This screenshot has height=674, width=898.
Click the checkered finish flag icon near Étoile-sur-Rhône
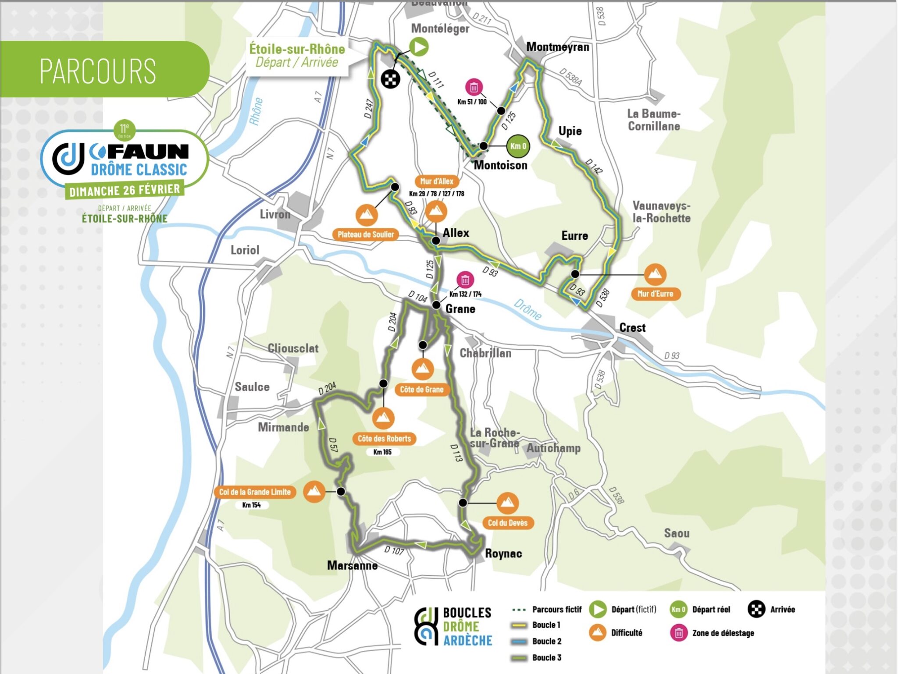(390, 79)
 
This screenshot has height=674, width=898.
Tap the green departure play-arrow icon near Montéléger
(419, 46)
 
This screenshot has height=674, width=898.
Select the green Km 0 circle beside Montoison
(518, 146)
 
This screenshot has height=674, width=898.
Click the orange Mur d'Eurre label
(655, 294)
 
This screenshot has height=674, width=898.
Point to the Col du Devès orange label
(507, 523)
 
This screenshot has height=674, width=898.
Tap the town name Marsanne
(352, 565)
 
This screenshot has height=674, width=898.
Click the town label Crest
(632, 327)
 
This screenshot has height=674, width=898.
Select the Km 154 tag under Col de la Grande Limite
(251, 505)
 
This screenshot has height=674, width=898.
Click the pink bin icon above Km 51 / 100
(474, 88)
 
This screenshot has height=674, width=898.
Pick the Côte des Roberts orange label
(384, 439)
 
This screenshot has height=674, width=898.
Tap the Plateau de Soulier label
(366, 234)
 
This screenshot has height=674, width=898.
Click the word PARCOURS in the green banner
(98, 71)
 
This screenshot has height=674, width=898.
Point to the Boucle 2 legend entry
(546, 641)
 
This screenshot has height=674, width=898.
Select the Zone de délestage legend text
(723, 633)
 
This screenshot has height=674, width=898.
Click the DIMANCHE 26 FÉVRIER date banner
(125, 190)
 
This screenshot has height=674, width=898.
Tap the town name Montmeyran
(557, 47)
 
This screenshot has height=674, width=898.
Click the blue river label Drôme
(527, 309)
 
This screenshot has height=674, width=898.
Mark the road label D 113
(456, 453)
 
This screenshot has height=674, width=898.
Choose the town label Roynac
(503, 553)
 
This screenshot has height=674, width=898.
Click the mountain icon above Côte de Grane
(422, 369)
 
